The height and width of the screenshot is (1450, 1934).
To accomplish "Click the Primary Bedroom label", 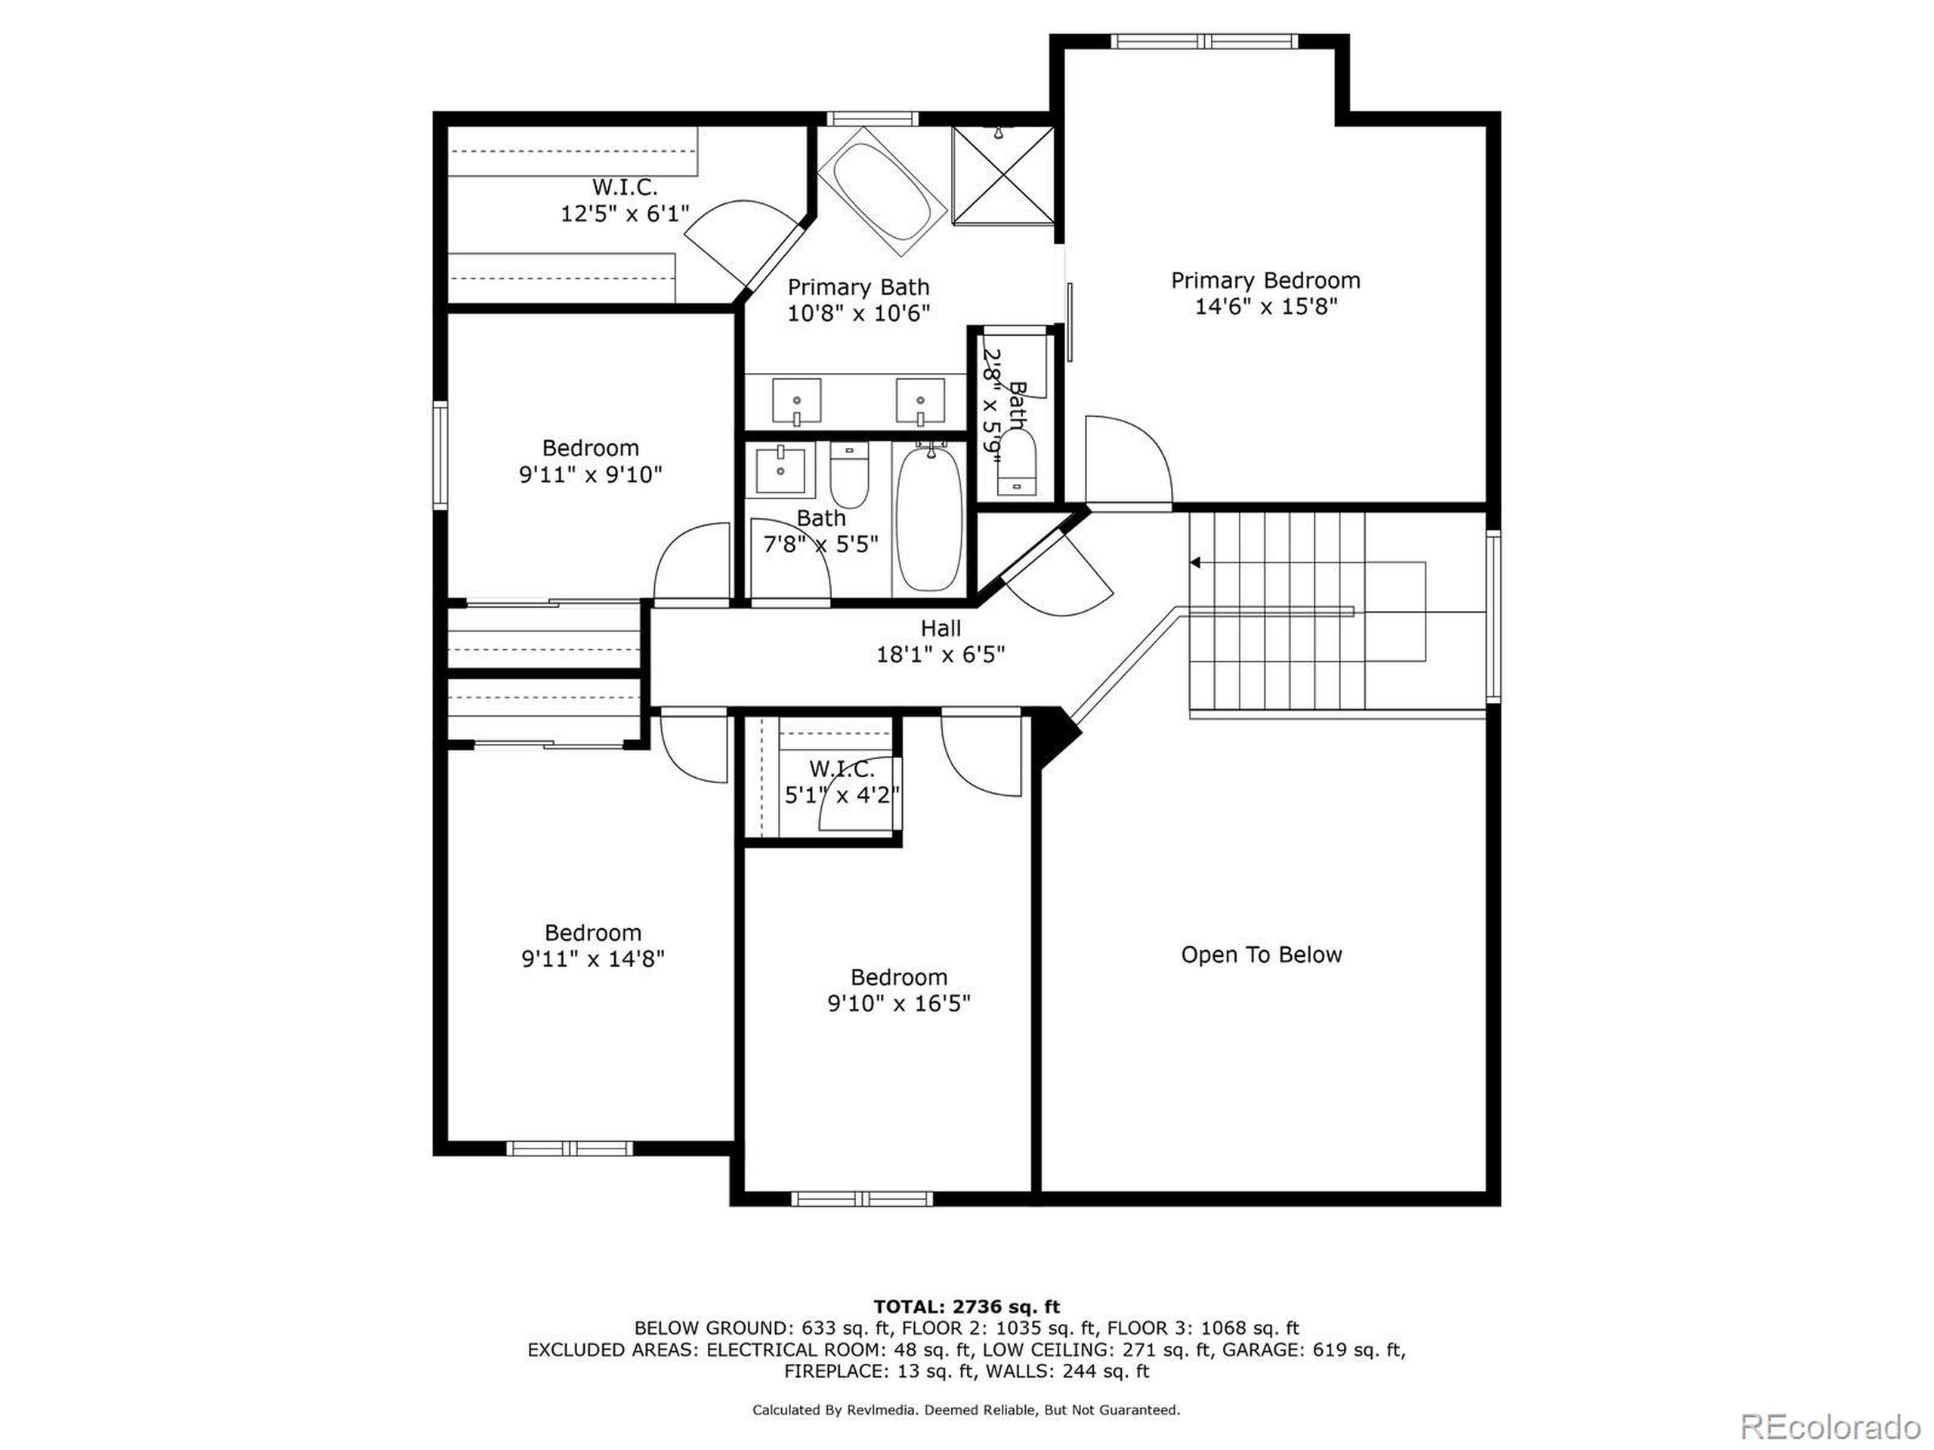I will pos(1265,281).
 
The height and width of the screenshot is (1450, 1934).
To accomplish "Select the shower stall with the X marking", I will pos(1002,174).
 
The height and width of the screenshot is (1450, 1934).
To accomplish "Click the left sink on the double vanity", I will pos(796,400).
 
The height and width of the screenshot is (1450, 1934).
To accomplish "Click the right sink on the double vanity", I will pos(920,400).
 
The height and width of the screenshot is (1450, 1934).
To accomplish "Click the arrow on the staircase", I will pos(1195,563).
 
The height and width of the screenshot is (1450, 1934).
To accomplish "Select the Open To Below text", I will pos(1261,955).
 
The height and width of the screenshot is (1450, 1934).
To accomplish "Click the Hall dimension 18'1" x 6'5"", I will pos(940,655).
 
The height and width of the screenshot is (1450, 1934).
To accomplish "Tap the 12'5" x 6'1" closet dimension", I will pos(624,213).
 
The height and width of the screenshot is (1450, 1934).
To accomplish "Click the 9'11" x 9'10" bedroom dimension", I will pos(590,474).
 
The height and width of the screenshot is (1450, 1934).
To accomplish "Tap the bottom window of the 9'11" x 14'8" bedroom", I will pos(569,1148).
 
